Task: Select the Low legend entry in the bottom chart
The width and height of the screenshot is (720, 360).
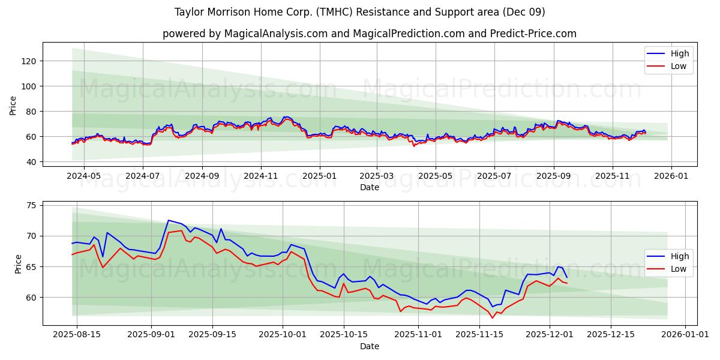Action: [679, 269]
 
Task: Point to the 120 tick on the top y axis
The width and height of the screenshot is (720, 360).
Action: [29, 61]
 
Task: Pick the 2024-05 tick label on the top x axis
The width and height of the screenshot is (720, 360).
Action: [83, 176]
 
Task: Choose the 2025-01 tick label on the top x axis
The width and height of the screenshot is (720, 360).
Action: [319, 176]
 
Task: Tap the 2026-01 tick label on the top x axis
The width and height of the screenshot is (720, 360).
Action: [671, 176]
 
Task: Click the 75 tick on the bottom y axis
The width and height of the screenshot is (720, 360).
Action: [31, 205]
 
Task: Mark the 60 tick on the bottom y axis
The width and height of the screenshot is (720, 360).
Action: [31, 298]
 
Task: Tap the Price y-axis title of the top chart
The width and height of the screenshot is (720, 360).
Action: [13, 106]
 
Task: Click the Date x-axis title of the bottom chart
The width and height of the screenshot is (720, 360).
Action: [370, 346]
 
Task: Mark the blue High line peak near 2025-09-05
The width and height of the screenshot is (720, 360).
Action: [169, 220]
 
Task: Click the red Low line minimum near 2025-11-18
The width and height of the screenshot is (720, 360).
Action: [493, 317]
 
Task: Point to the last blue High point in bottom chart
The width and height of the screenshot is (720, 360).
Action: [566, 277]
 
